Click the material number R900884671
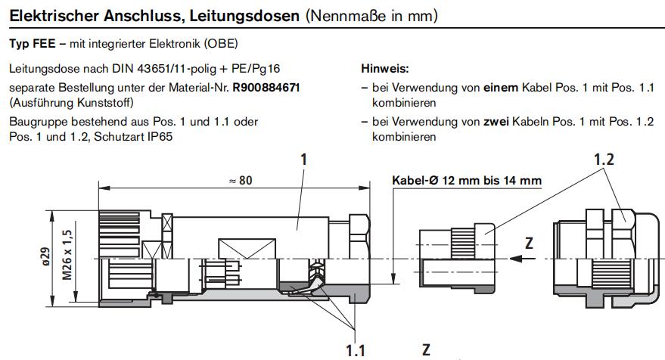(266, 87)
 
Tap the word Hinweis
(384, 68)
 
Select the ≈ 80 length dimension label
(241, 181)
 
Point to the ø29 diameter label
(45, 256)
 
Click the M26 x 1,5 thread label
(67, 255)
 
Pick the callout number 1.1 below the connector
(356, 350)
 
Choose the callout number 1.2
(604, 160)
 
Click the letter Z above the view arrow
(529, 243)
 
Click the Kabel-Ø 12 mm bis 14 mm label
(467, 180)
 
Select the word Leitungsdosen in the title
(244, 16)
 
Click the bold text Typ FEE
(33, 44)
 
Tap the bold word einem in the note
(501, 87)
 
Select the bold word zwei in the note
(496, 122)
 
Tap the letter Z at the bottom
(426, 349)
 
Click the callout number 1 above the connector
(303, 160)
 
